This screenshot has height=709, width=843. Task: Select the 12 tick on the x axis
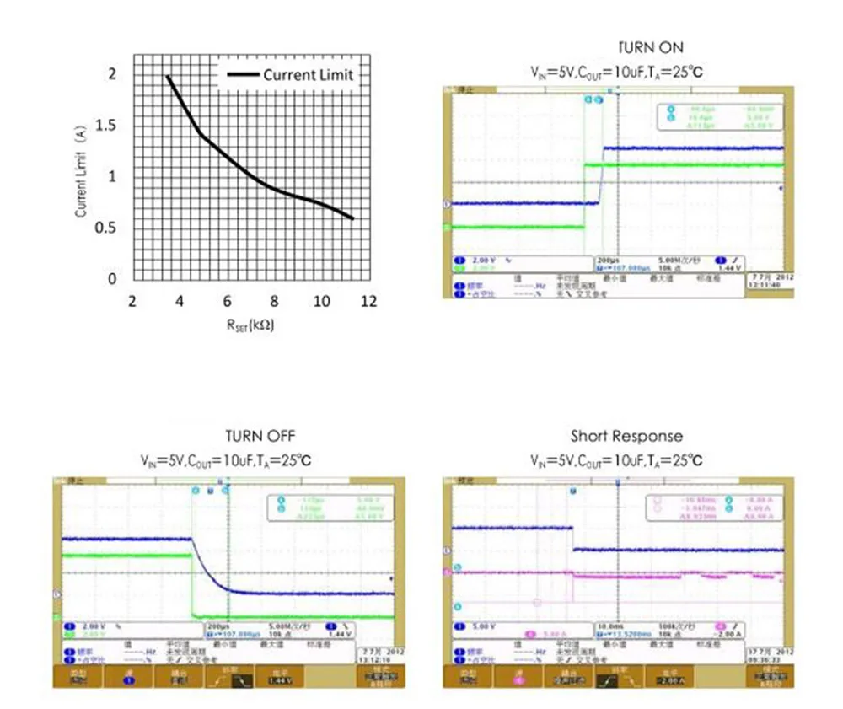pyautogui.click(x=369, y=301)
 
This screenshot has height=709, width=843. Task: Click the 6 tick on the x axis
pyautogui.click(x=227, y=301)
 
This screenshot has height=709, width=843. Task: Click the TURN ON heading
pyautogui.click(x=651, y=47)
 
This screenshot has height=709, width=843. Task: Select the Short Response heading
pyautogui.click(x=626, y=436)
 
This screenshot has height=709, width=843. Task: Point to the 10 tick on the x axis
pyautogui.click(x=321, y=301)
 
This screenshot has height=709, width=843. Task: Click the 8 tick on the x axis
pyautogui.click(x=274, y=301)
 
